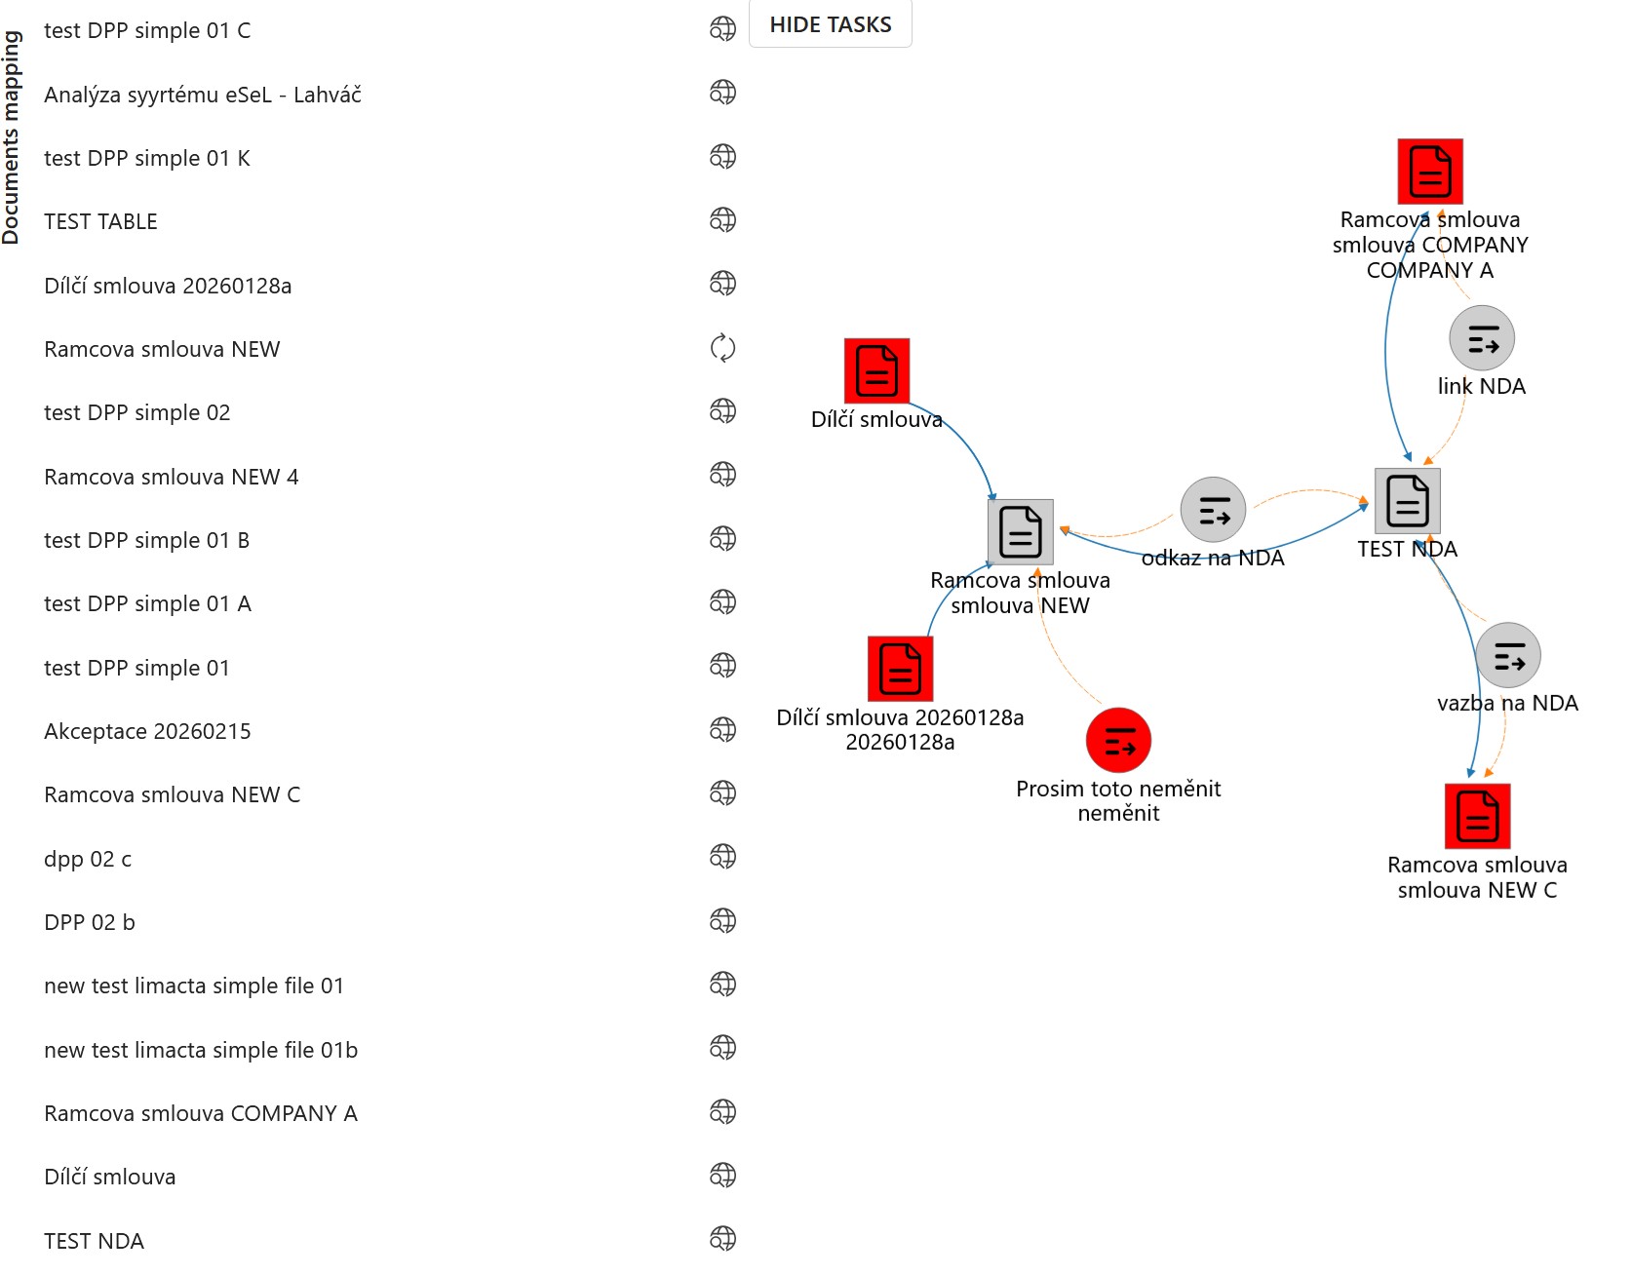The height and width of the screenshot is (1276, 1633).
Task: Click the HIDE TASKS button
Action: pyautogui.click(x=831, y=24)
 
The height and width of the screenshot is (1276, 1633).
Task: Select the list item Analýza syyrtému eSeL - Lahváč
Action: pyautogui.click(x=203, y=95)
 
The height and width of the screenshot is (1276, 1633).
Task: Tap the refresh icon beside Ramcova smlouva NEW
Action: pyautogui.click(x=722, y=348)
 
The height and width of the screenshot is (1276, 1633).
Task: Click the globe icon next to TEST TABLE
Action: pyautogui.click(x=722, y=220)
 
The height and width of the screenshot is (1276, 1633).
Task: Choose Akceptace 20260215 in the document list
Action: pyautogui.click(x=147, y=731)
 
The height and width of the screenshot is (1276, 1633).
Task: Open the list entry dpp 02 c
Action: pyautogui.click(x=88, y=859)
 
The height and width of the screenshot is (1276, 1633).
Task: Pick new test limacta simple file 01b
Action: pyautogui.click(x=201, y=1050)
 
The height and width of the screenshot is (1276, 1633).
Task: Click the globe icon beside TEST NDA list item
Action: pyautogui.click(x=722, y=1239)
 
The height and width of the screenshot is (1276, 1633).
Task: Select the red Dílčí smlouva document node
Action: pyautogui.click(x=876, y=370)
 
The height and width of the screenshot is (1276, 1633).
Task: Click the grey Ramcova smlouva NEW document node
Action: pyautogui.click(x=1021, y=531)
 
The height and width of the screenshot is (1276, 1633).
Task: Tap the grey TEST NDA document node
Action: pyautogui.click(x=1408, y=500)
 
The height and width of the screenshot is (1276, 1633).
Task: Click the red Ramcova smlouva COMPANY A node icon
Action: pyautogui.click(x=1430, y=171)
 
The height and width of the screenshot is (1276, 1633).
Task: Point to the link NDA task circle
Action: pyautogui.click(x=1482, y=338)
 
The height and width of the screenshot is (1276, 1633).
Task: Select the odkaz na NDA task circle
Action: pyautogui.click(x=1213, y=510)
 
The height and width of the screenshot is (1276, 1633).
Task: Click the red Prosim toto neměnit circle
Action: pyautogui.click(x=1118, y=740)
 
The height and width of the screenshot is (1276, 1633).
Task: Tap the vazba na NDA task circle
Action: pyautogui.click(x=1508, y=655)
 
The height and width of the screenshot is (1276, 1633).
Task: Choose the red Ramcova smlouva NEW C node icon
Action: pyautogui.click(x=1478, y=816)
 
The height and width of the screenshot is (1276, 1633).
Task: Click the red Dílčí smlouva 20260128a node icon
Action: pyautogui.click(x=900, y=669)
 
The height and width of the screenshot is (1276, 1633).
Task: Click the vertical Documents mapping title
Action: pyautogui.click(x=11, y=137)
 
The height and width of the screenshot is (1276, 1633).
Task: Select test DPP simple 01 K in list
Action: pyautogui.click(x=147, y=158)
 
